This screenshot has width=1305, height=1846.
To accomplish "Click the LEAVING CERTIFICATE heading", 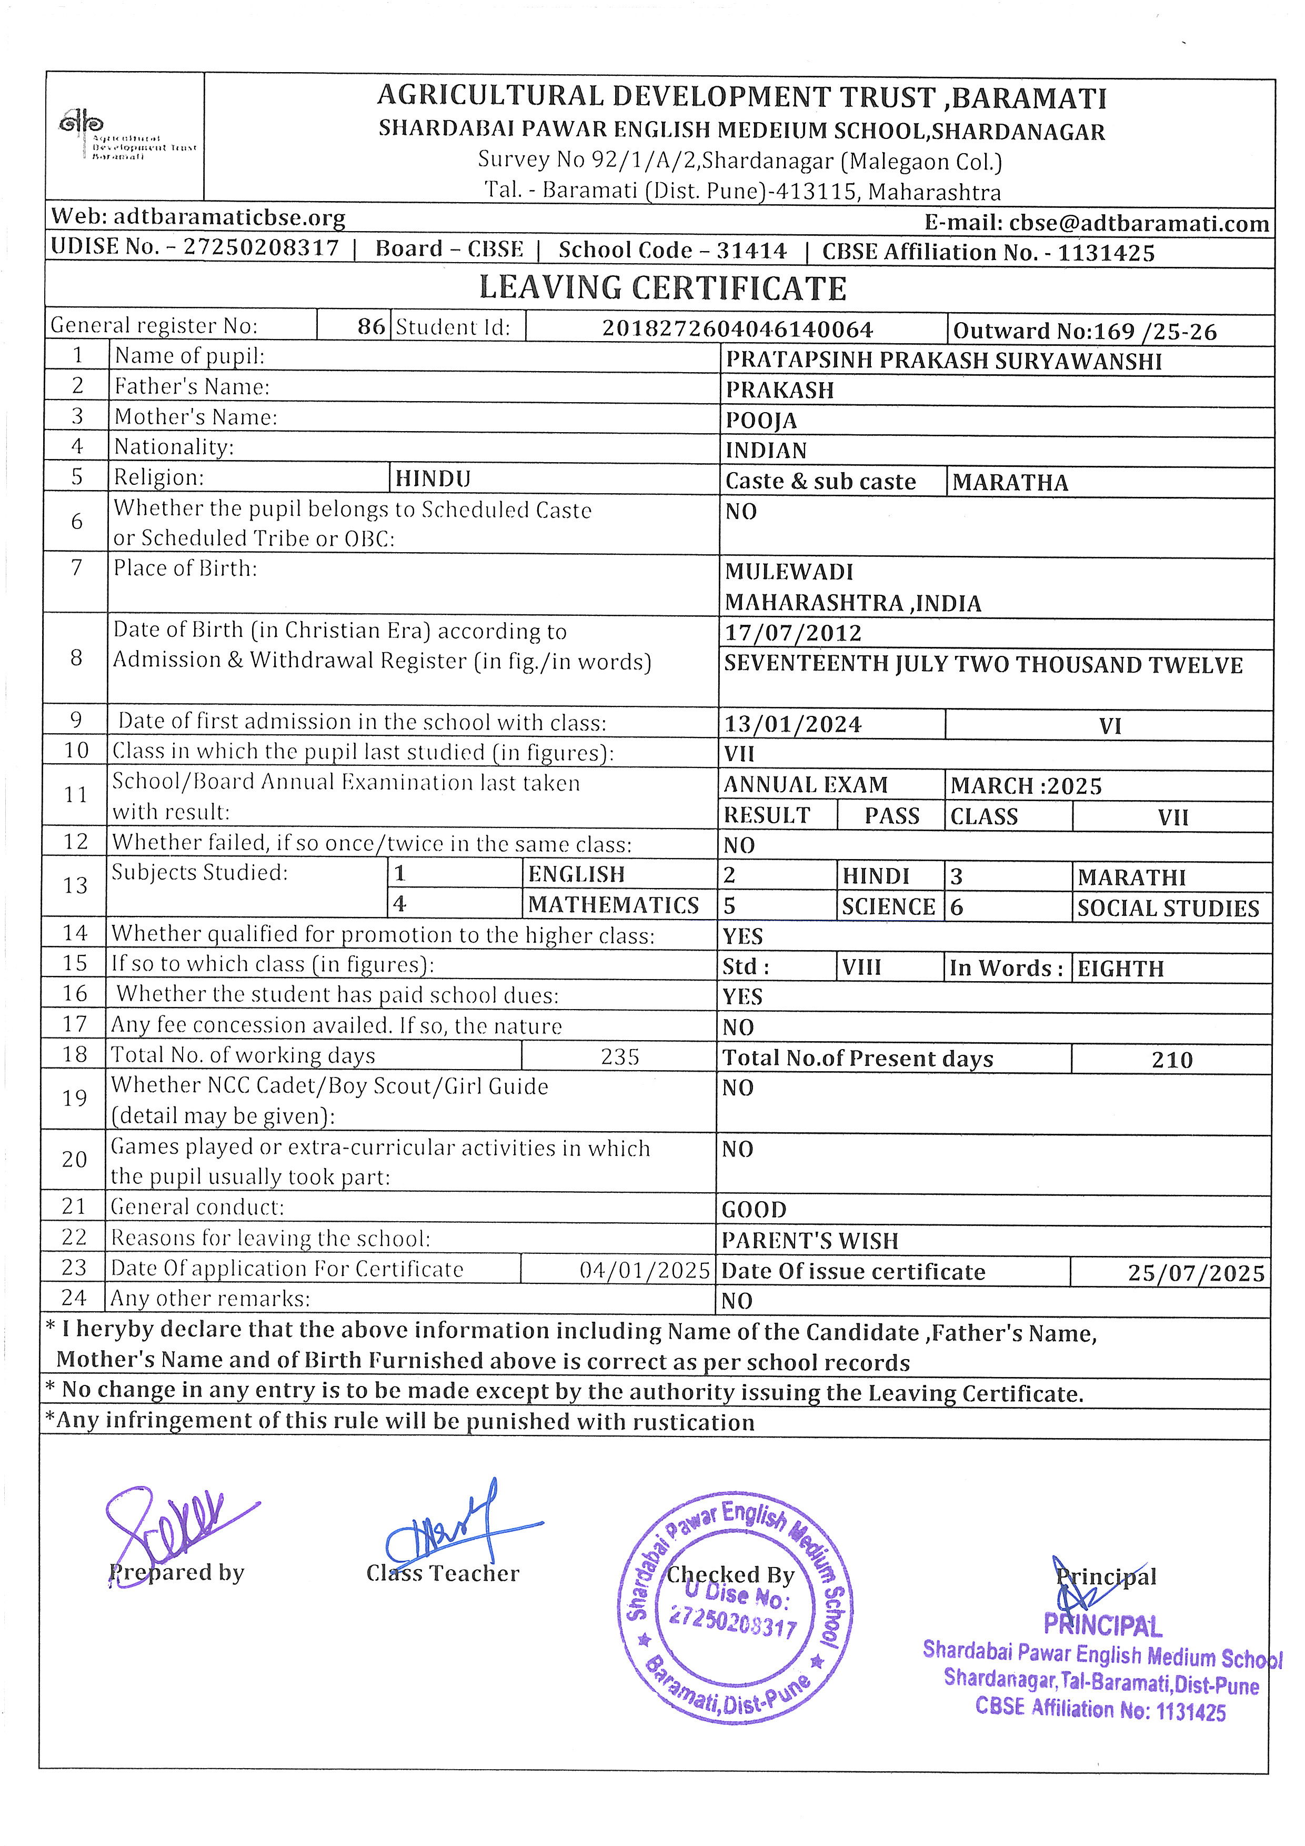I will pyautogui.click(x=663, y=288).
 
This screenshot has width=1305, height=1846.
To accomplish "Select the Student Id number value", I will pyautogui.click(x=737, y=329).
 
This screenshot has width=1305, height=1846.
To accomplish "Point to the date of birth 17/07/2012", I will pyautogui.click(x=792, y=634).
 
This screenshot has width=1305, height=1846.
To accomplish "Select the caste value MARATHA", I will pyautogui.click(x=1010, y=482).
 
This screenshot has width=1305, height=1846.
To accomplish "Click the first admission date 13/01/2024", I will pyautogui.click(x=792, y=724).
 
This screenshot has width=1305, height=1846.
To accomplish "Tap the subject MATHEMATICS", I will pyautogui.click(x=613, y=905).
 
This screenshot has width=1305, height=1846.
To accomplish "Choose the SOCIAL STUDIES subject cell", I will pyautogui.click(x=1168, y=909).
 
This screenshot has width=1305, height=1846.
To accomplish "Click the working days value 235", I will pyautogui.click(x=619, y=1056).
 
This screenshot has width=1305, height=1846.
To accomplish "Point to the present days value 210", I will pyautogui.click(x=1172, y=1060).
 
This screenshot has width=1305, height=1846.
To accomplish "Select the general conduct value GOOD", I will pyautogui.click(x=754, y=1209).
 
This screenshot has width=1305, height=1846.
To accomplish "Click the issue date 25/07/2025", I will pyautogui.click(x=1196, y=1273).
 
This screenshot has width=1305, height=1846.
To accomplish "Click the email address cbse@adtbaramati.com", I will pyautogui.click(x=1097, y=224).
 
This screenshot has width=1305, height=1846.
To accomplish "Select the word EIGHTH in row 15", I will pyautogui.click(x=1120, y=969).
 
